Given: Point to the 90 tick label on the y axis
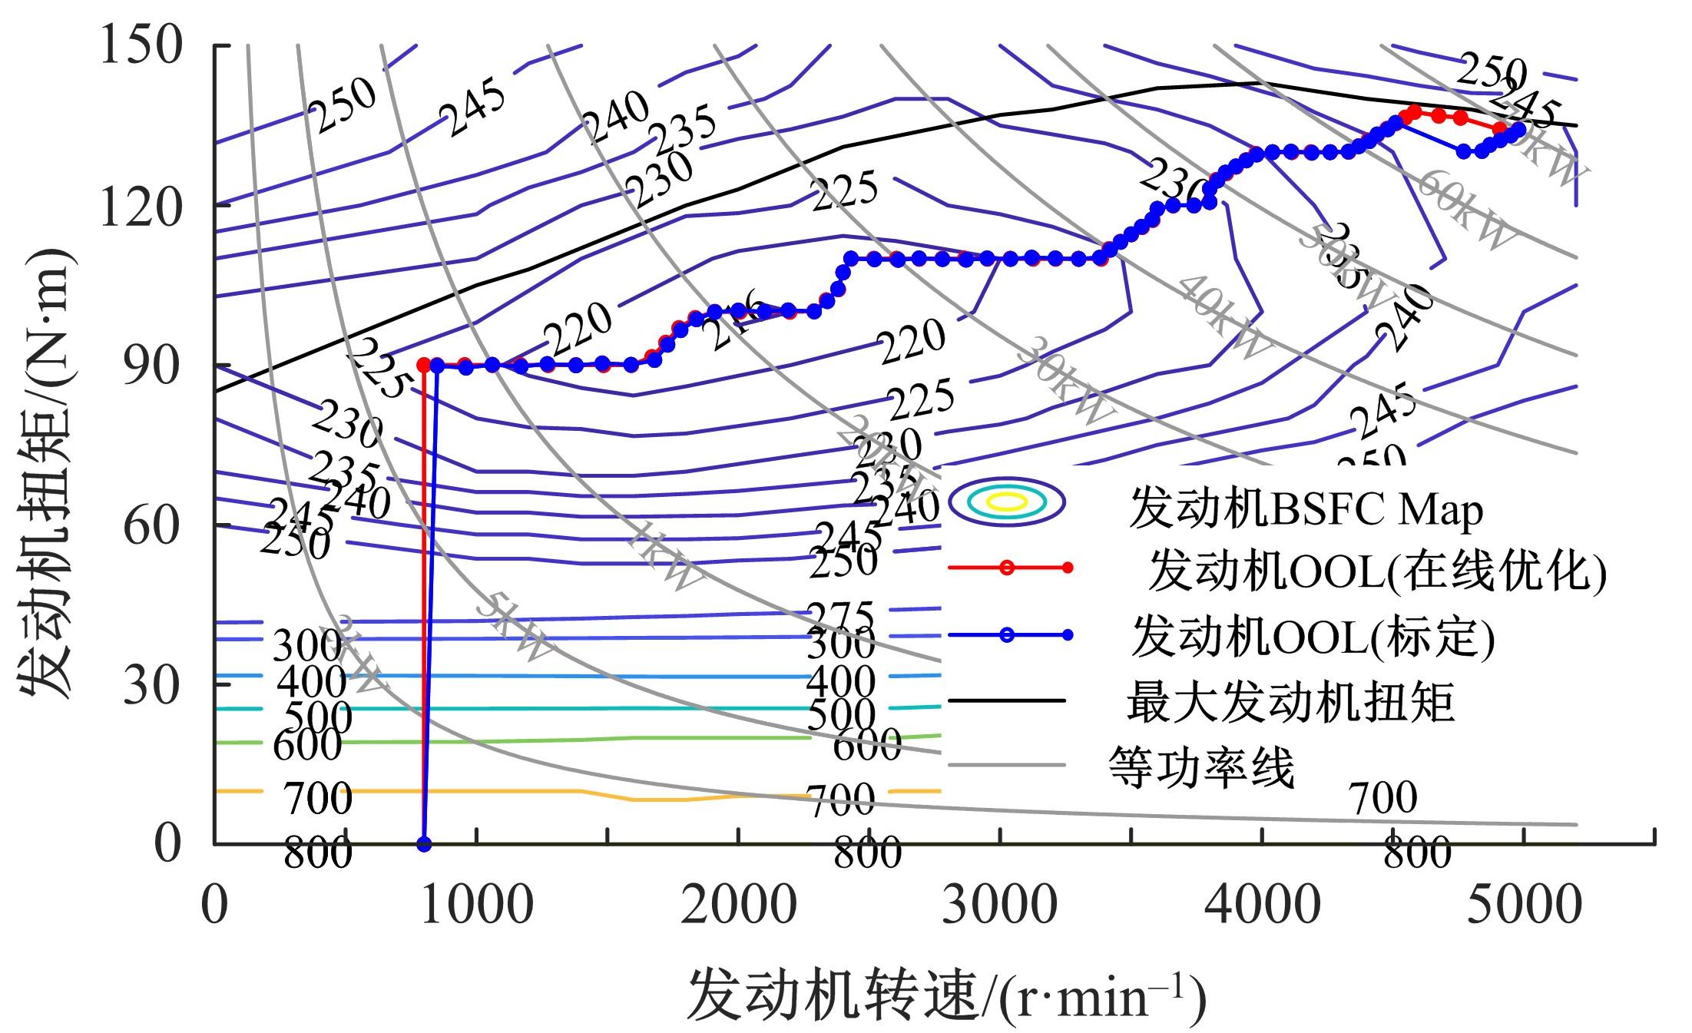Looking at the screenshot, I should (152, 365).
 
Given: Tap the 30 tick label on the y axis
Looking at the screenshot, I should (152, 684).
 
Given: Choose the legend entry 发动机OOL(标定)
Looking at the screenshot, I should (1313, 637).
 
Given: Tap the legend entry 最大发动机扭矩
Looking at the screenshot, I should (1290, 702).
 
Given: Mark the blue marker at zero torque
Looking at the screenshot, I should (424, 844).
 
